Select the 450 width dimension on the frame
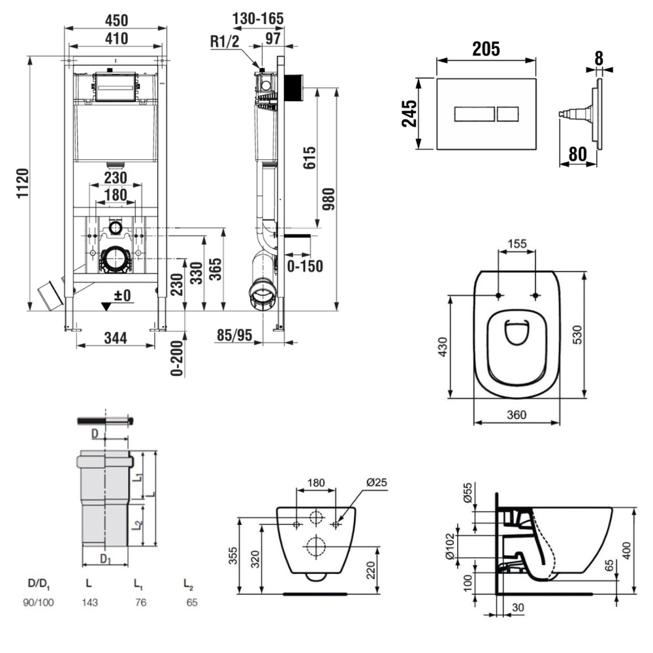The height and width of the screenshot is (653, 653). (116, 21)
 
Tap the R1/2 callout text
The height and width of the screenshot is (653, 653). (224, 41)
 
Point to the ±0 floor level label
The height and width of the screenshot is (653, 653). (121, 296)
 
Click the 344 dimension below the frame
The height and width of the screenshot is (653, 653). (115, 338)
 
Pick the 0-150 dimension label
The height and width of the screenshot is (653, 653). (304, 266)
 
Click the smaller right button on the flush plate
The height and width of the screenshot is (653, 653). (509, 114)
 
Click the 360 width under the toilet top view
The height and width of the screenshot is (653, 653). (516, 415)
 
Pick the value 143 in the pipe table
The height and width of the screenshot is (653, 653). (89, 603)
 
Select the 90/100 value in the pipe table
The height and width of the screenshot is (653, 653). (40, 603)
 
